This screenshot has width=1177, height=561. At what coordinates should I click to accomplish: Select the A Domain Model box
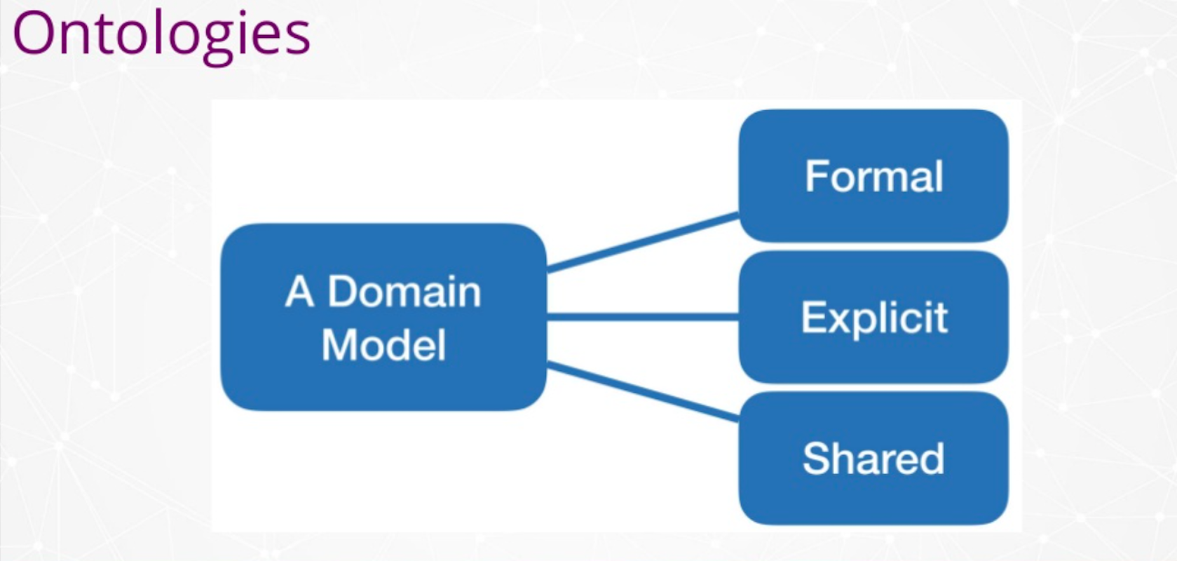383,317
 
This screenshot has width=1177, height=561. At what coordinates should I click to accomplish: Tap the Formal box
873,175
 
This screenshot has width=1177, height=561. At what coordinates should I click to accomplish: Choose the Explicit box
873,317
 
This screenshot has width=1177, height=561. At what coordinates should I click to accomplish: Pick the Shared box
873,458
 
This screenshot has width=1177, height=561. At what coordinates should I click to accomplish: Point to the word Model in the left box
384,345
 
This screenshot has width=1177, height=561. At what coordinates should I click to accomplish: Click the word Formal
874,176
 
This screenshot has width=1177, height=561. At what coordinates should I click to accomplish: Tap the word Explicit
874,318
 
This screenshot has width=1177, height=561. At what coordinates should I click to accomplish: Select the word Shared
873,459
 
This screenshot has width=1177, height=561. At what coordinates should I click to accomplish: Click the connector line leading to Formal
643,242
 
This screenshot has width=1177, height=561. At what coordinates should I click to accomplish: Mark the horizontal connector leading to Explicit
643,316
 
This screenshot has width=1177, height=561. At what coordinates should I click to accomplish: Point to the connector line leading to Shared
643,392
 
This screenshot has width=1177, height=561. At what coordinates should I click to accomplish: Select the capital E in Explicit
813,317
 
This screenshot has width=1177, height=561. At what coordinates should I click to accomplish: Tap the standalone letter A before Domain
299,291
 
